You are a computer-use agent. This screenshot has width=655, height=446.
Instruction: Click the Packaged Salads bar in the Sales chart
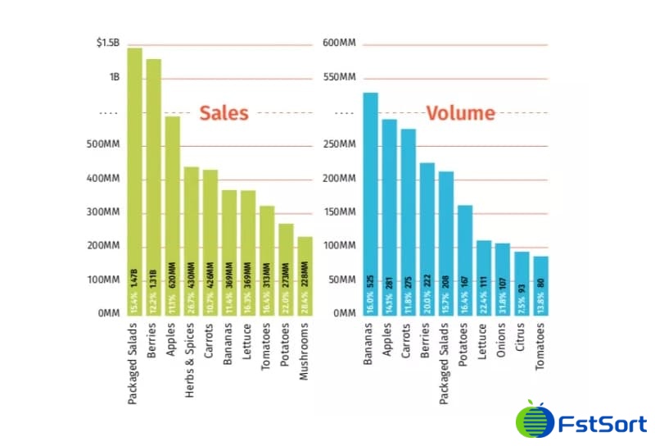coord(134,180)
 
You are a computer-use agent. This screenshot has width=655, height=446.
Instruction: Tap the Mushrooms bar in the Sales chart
coord(305,275)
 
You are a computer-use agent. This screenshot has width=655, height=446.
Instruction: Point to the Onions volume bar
coord(503,279)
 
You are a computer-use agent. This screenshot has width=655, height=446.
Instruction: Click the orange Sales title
coord(224,113)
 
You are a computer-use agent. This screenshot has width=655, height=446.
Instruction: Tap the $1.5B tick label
coord(108,43)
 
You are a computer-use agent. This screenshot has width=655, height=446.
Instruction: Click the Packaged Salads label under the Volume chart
coord(445,364)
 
